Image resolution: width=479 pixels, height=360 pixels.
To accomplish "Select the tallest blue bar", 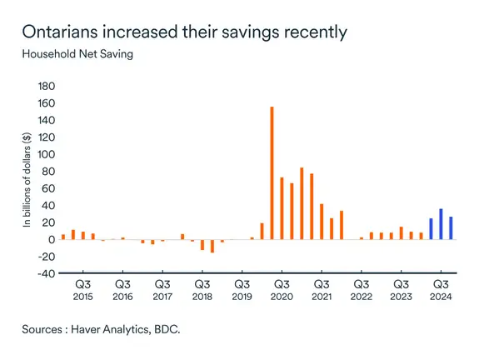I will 441,224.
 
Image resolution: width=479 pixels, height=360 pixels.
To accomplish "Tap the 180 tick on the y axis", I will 46,87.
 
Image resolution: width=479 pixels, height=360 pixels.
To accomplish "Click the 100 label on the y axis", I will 46,155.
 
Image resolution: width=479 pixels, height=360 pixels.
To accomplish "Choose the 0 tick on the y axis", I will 52,240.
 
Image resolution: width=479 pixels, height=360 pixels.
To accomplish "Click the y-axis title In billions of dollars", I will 27,180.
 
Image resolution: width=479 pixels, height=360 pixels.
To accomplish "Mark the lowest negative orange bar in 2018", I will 212,246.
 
